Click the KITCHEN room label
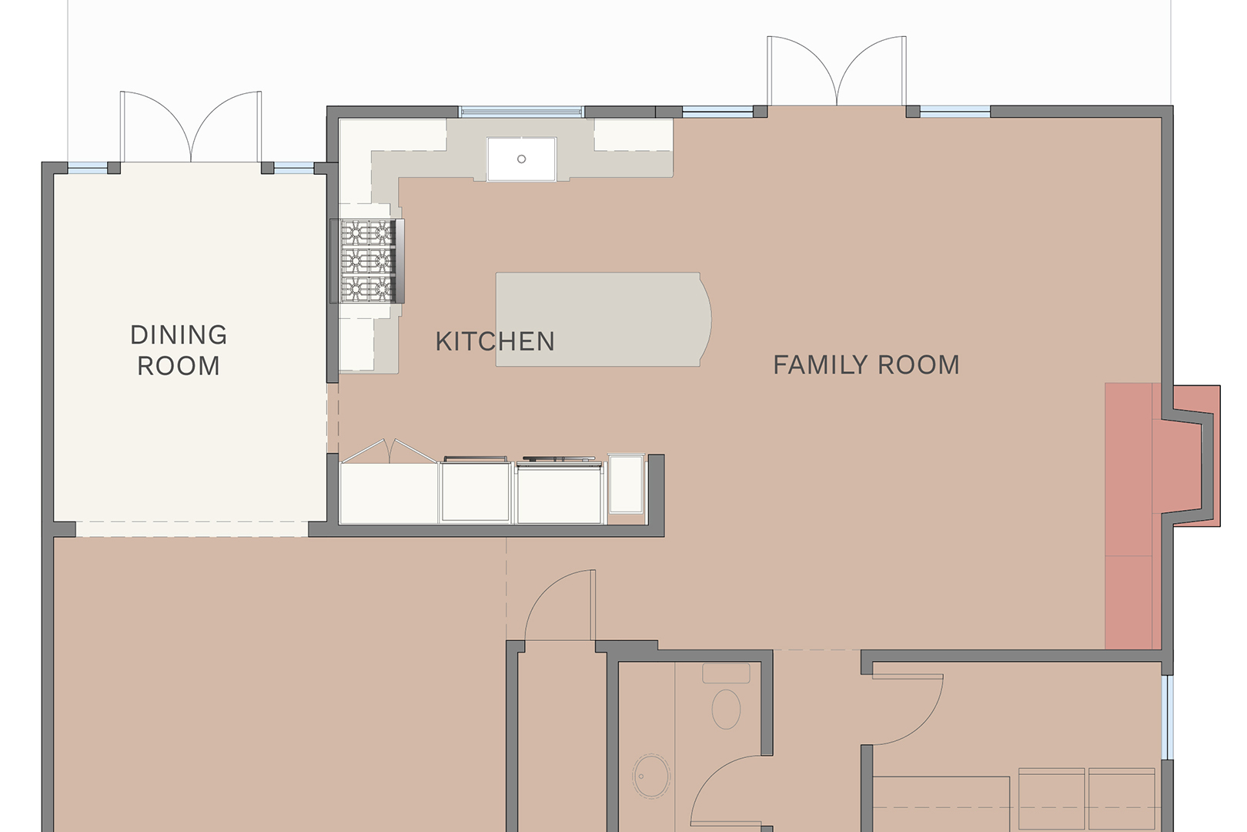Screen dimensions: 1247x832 click(x=495, y=341)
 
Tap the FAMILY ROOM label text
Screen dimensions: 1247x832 click(x=866, y=365)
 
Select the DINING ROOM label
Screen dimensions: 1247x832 click(x=179, y=351)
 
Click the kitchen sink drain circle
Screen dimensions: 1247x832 click(x=522, y=159)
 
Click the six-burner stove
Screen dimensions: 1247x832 click(x=367, y=261)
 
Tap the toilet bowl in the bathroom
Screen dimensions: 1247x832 click(x=726, y=709)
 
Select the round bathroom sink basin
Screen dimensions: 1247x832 click(x=651, y=776)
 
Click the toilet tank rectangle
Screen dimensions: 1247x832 click(x=726, y=673)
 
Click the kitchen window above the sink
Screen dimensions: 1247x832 click(x=521, y=112)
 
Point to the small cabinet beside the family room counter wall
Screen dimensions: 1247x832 click(x=627, y=484)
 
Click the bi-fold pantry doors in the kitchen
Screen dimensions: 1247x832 click(x=389, y=450)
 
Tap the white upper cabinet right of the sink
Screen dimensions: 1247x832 click(x=633, y=136)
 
